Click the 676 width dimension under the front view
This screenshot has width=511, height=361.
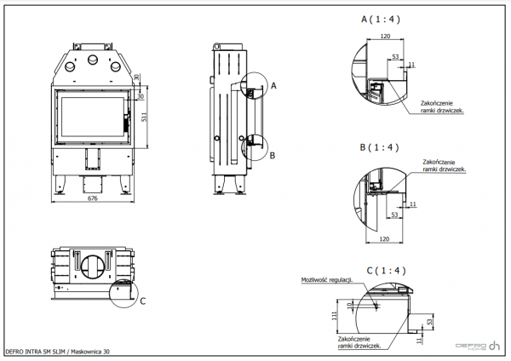93,199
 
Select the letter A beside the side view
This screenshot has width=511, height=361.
273,85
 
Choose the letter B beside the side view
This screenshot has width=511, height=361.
272,156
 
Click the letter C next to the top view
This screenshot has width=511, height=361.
142,301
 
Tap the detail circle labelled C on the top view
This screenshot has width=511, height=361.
126,289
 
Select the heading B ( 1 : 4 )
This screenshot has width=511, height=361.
381,147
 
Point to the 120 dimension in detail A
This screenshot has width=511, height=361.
386,37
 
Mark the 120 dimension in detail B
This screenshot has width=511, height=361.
386,240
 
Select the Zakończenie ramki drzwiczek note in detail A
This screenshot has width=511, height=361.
442,106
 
